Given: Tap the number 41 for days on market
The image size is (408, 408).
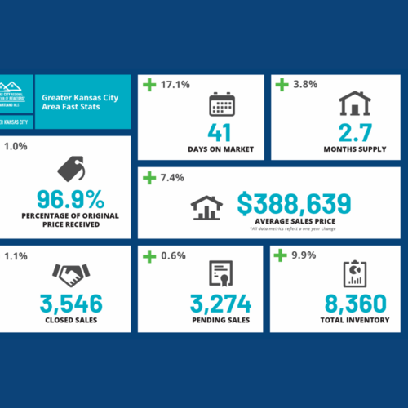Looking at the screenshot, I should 222,133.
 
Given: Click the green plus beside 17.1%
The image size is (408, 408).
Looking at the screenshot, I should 149,84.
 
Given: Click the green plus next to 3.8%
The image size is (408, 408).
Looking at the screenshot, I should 282,84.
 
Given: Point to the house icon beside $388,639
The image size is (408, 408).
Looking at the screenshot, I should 206,207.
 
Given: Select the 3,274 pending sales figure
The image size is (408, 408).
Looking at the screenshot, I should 222,303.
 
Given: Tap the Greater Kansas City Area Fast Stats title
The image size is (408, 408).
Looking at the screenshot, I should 73,101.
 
